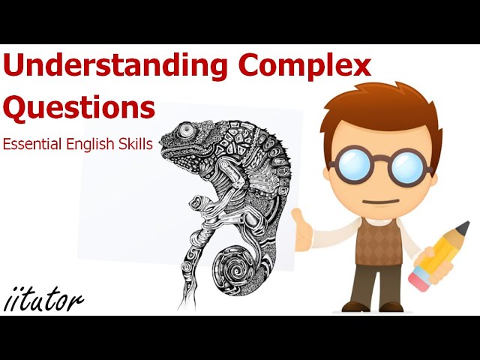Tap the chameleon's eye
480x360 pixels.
pos(184,130)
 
